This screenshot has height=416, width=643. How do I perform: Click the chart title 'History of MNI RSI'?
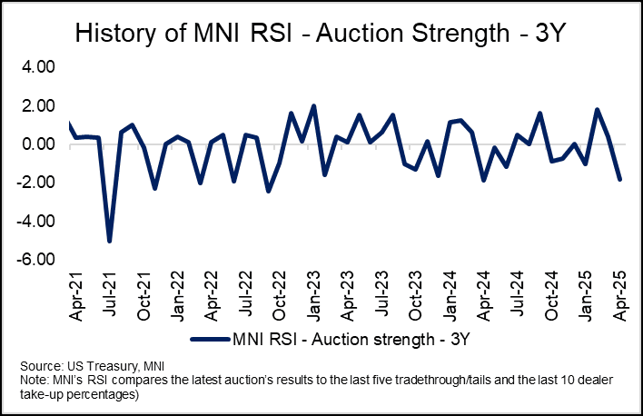pos(321,35)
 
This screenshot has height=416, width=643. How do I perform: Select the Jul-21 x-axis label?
pos(110,295)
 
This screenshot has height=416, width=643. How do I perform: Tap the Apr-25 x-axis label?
pos(617,295)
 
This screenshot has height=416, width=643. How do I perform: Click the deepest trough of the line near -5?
pos(110,241)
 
